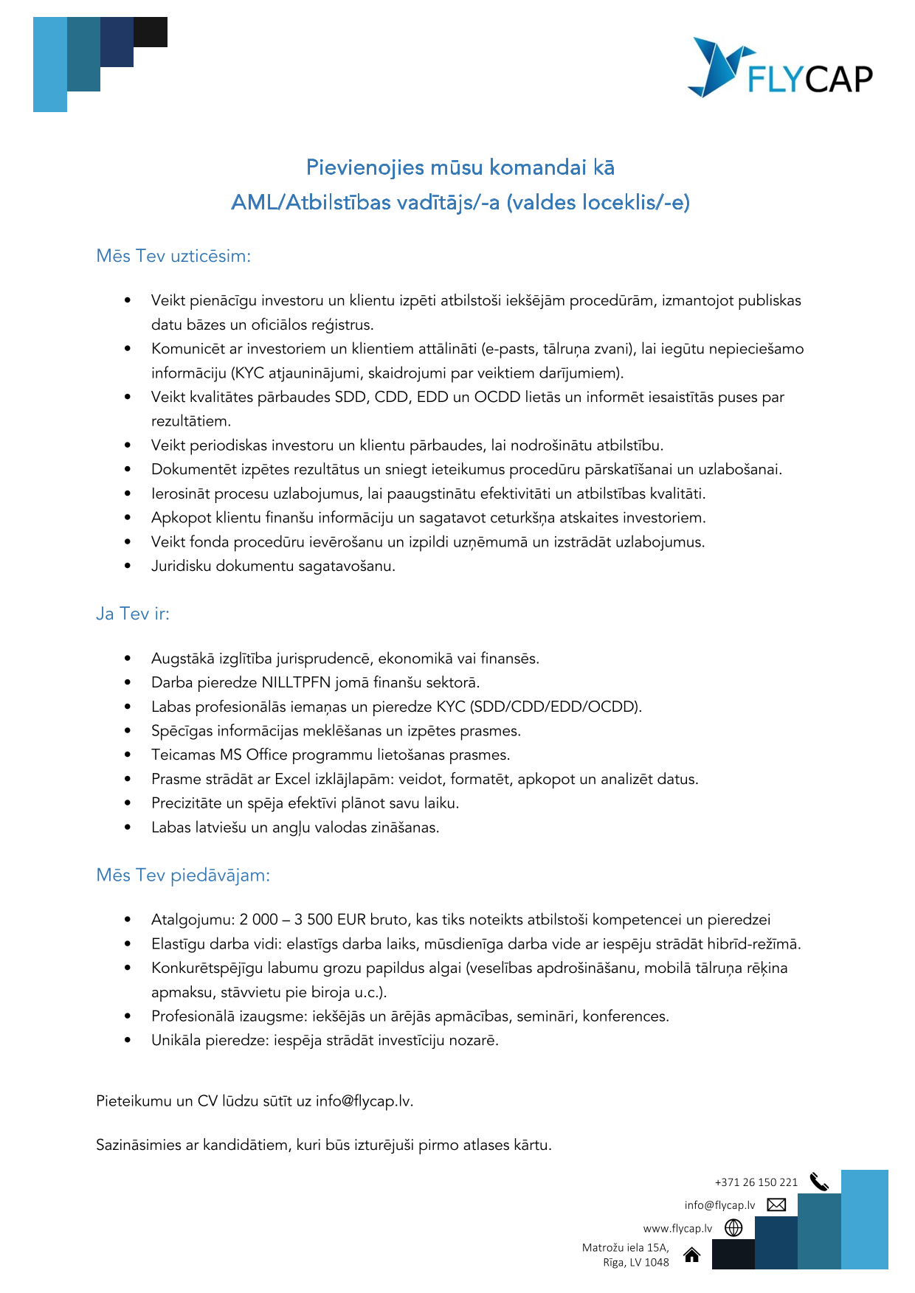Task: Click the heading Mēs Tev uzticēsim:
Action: (173, 256)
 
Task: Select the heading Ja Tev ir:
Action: (133, 614)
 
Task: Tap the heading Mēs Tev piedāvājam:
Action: (183, 876)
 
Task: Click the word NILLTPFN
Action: (296, 682)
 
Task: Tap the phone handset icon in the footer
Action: (819, 1182)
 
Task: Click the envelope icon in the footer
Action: (776, 1205)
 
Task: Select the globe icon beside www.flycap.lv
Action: (733, 1228)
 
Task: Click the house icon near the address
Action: (691, 1255)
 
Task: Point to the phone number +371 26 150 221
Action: (756, 1182)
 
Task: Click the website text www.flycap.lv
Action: (677, 1229)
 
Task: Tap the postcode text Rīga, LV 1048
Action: (635, 1263)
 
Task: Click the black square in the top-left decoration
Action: (151, 32)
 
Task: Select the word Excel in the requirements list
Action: (293, 779)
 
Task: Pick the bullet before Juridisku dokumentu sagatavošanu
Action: (128, 566)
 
